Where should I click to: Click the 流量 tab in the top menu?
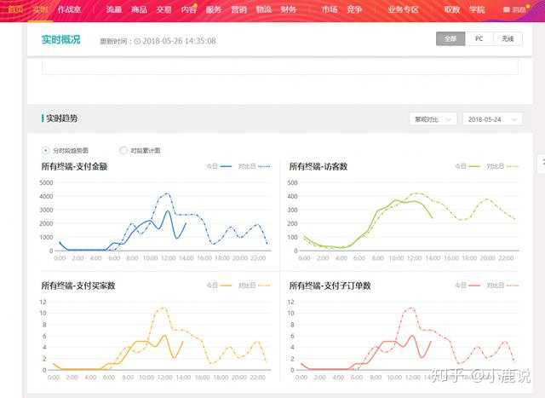click(x=114, y=9)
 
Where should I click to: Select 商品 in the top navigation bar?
click(x=139, y=9)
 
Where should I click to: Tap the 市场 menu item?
click(x=330, y=9)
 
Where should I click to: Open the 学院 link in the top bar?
click(x=477, y=9)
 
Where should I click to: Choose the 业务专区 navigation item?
click(x=403, y=9)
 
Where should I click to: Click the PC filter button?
click(x=479, y=39)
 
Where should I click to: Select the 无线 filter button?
click(x=508, y=39)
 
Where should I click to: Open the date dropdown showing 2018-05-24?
click(x=493, y=119)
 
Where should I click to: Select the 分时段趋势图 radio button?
click(x=46, y=150)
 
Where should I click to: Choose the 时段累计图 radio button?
click(x=123, y=150)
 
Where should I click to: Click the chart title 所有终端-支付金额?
click(x=75, y=166)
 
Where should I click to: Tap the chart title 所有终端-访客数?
click(x=318, y=166)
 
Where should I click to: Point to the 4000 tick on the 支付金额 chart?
click(x=46, y=196)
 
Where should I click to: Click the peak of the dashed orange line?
click(x=162, y=308)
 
